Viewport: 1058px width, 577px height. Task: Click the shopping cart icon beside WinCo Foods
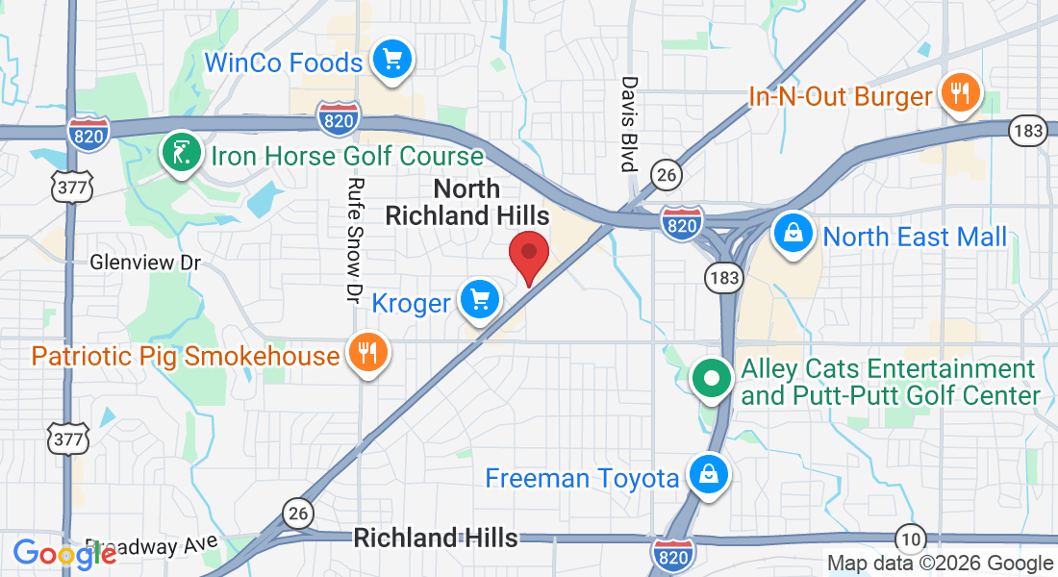click(x=391, y=60)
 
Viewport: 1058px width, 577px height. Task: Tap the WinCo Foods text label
click(x=284, y=63)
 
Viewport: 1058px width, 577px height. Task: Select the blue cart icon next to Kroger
click(x=479, y=301)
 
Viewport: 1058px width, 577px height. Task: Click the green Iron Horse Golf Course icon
click(x=180, y=153)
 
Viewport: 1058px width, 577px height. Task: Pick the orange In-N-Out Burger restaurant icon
click(x=959, y=93)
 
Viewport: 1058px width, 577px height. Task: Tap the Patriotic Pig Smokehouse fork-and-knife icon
click(x=366, y=354)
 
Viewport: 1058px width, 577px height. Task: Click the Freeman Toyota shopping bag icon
click(x=708, y=475)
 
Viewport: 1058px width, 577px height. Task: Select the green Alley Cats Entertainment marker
click(x=712, y=377)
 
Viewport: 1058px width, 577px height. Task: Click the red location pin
click(x=528, y=255)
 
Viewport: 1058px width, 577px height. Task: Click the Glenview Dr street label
click(x=145, y=262)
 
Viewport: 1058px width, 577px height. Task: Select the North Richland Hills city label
click(x=467, y=202)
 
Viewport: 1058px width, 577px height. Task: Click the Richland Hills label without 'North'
click(x=436, y=538)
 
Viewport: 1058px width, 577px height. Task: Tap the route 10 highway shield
click(x=910, y=538)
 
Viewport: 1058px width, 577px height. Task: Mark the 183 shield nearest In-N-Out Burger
click(x=1026, y=132)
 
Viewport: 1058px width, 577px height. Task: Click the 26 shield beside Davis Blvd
click(x=666, y=174)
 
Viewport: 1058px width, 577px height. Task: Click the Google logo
click(x=64, y=554)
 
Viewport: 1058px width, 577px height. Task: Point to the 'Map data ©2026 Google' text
click(x=940, y=564)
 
